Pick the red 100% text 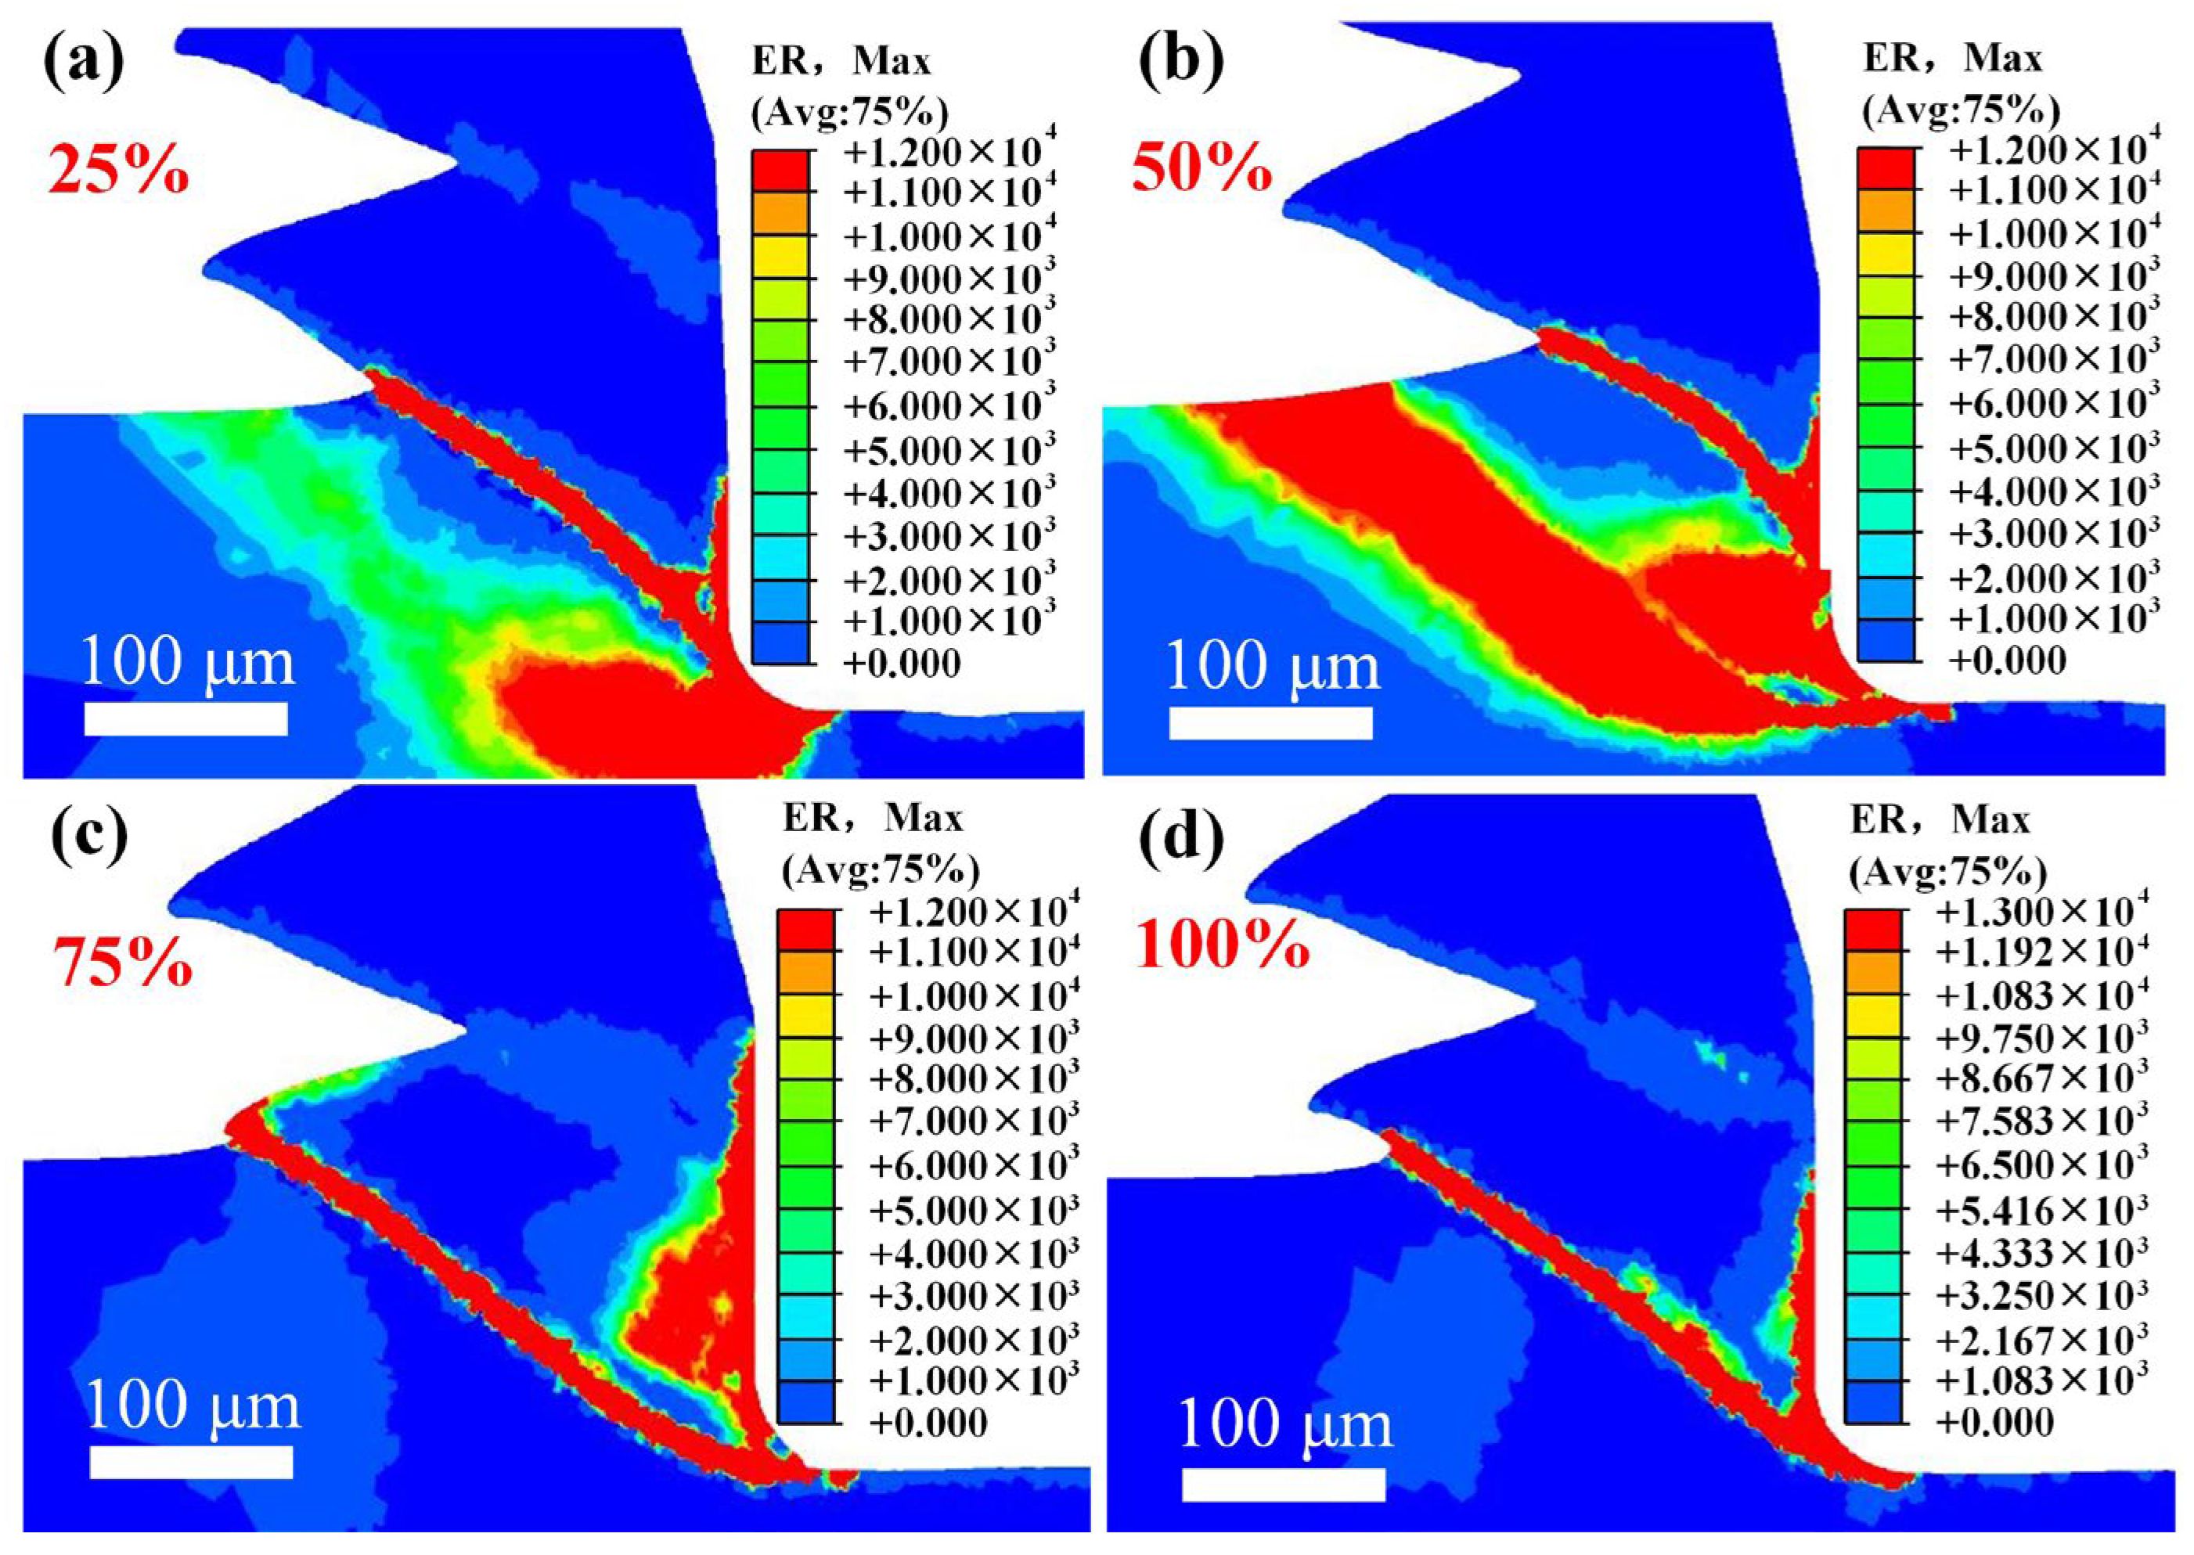point(1223,946)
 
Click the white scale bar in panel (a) point(186,718)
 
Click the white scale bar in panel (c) point(192,1488)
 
